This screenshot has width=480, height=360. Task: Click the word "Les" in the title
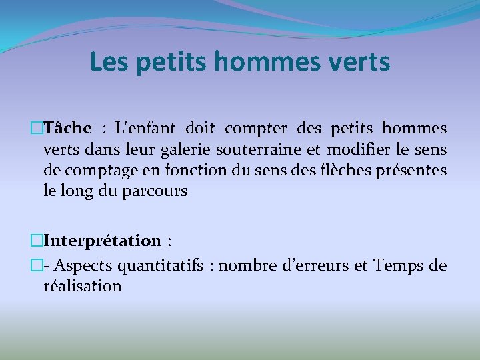click(x=109, y=62)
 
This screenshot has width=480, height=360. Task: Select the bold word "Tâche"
click(x=67, y=127)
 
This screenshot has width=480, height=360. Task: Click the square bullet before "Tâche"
click(x=37, y=128)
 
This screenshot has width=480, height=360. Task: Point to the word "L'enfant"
click(x=145, y=128)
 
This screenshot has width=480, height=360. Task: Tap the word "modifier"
click(x=359, y=149)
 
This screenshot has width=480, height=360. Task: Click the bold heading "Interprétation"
click(x=103, y=241)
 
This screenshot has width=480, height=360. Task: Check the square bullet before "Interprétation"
click(x=37, y=241)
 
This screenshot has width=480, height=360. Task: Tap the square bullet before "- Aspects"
click(x=37, y=265)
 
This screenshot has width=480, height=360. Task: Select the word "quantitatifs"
click(x=161, y=266)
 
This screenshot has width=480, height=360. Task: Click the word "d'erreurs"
click(x=315, y=265)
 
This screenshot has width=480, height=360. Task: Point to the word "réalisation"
click(x=83, y=286)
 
